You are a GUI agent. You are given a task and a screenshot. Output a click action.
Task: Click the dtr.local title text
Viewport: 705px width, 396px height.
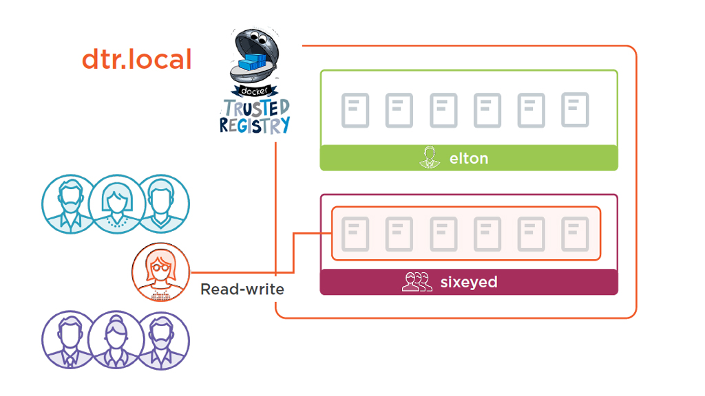pos(136,60)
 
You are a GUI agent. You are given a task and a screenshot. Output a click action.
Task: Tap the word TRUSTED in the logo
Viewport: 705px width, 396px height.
pos(255,109)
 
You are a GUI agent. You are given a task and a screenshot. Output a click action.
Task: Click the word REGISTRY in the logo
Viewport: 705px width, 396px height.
pos(255,126)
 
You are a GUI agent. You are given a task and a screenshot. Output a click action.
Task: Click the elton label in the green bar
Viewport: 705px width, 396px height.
pos(468,158)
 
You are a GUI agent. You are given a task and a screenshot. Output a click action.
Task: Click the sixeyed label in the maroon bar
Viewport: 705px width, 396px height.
pos(468,282)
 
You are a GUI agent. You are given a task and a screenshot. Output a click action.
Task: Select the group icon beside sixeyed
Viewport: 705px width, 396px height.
pos(417,282)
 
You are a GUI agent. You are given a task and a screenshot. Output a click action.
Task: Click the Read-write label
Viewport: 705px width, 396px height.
pos(242,289)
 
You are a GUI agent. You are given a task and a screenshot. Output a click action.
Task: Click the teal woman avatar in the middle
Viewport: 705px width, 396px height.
pos(115,203)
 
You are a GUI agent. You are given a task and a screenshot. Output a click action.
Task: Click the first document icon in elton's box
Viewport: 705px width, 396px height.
pos(355,111)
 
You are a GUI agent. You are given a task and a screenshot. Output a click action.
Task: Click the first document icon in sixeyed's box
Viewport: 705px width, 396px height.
pos(355,234)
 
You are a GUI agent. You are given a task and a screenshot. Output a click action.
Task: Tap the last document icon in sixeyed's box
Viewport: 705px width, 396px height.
pos(575,234)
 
